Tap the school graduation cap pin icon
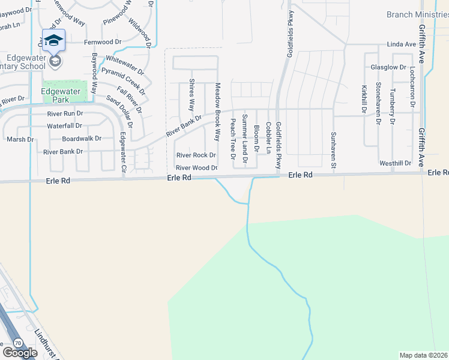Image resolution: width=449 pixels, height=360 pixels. tap(54, 40)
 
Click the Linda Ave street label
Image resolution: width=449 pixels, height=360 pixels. tap(402, 44)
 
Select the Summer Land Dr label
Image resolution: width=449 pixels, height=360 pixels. tap(245, 138)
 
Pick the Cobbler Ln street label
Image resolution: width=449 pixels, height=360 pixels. tap(268, 137)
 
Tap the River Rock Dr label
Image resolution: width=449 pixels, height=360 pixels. tap(195, 155)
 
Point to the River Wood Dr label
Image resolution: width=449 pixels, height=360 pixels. tap(196, 168)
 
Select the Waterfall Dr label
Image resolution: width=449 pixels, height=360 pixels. tap(64, 126)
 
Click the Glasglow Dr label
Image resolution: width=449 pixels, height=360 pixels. tap(388, 67)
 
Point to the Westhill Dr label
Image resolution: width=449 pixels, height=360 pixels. tap(395, 163)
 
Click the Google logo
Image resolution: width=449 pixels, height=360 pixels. tap(20, 353)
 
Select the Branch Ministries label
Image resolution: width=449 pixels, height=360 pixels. tap(417, 14)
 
